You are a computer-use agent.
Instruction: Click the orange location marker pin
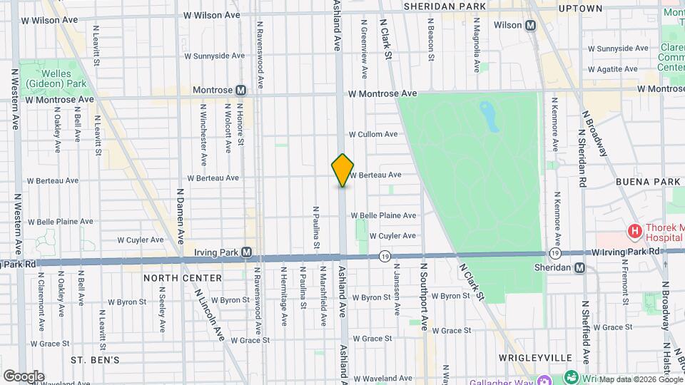point(342,170)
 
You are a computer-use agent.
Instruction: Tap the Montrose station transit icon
point(240,91)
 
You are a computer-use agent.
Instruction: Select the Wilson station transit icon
point(530,26)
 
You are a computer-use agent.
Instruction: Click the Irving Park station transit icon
point(246,252)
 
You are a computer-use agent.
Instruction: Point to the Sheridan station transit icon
point(579,267)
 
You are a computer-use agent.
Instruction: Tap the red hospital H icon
point(632,232)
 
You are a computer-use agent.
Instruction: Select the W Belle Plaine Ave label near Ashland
point(387,215)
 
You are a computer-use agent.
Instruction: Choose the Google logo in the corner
point(24,376)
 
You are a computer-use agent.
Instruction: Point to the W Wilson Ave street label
point(212,14)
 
